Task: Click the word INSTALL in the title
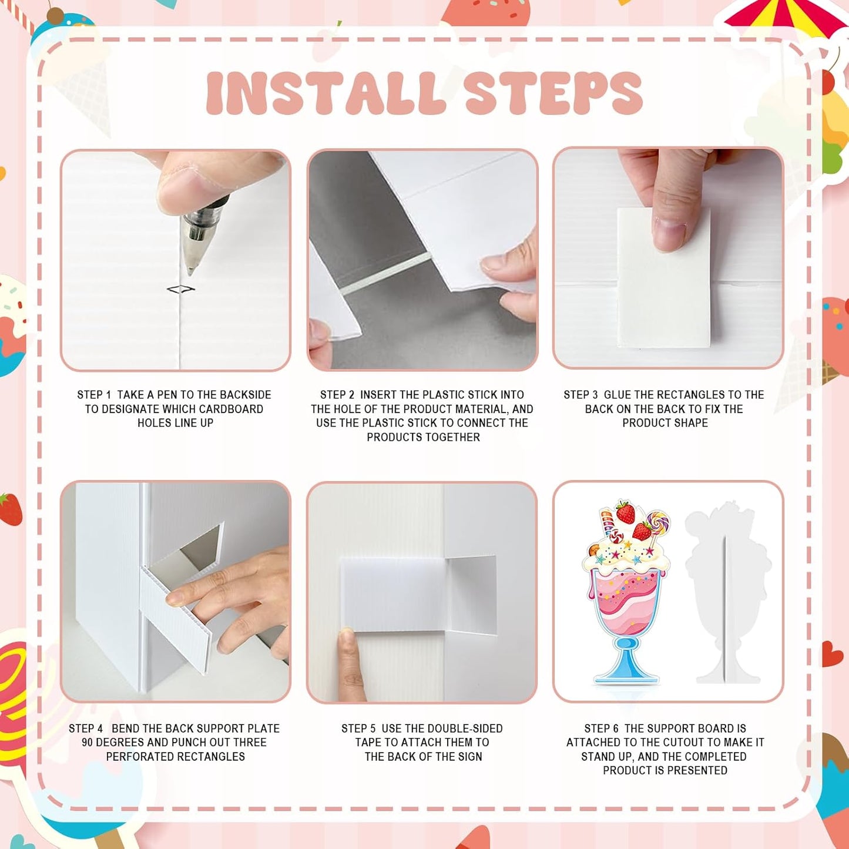(x=324, y=93)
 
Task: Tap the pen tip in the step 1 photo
(x=191, y=270)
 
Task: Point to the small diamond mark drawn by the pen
(x=180, y=289)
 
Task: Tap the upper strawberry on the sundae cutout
(x=625, y=512)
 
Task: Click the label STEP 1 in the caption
(x=94, y=395)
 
